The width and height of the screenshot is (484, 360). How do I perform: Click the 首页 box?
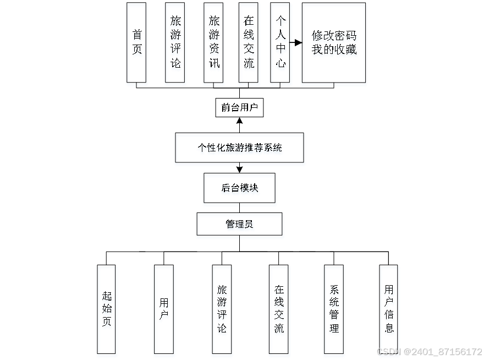(137, 44)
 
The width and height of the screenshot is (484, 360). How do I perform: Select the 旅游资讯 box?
(213, 44)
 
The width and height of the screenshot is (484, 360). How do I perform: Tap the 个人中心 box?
(281, 44)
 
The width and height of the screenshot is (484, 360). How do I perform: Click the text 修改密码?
(334, 37)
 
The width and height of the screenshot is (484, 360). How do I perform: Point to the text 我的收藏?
(334, 51)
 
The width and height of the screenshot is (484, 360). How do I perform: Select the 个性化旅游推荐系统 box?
(240, 149)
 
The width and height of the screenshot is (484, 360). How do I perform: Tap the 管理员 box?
(240, 226)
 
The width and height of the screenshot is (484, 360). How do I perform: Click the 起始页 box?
(107, 311)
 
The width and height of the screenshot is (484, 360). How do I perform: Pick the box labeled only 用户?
(164, 311)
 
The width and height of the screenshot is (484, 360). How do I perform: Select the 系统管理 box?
(334, 311)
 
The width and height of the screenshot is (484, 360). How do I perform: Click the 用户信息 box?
(389, 311)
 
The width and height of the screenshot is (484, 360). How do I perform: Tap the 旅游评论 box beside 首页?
(175, 44)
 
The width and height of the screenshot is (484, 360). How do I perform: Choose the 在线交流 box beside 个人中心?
(250, 44)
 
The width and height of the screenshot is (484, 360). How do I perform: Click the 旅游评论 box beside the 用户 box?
(222, 311)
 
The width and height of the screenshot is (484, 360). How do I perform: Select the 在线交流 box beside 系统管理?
(279, 311)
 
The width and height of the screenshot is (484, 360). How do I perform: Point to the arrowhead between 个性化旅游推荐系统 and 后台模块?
(239, 167)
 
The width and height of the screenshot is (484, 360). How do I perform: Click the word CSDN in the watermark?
(388, 351)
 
